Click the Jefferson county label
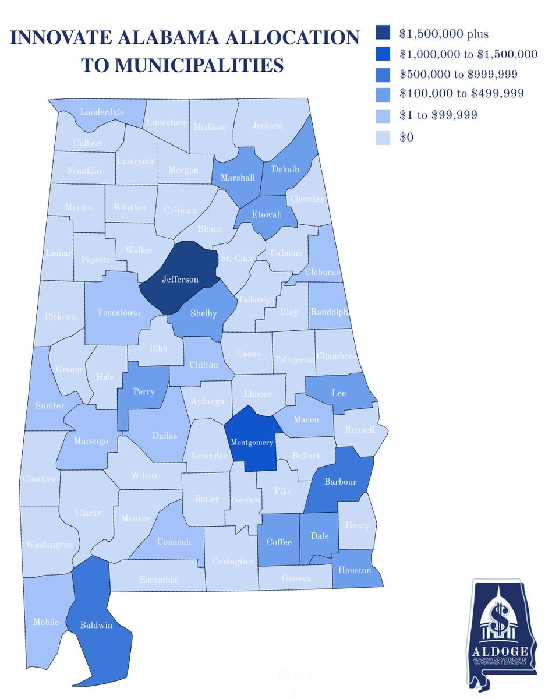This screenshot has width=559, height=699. pyautogui.click(x=180, y=280)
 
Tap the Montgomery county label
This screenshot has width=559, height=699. pyautogui.click(x=252, y=442)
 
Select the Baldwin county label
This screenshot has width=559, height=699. pyautogui.click(x=97, y=626)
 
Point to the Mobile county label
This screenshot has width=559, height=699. pyautogui.click(x=46, y=622)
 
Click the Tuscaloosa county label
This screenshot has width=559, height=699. pyautogui.click(x=118, y=313)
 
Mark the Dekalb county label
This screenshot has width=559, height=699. pyautogui.click(x=285, y=170)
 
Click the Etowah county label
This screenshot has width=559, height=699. pyautogui.click(x=267, y=215)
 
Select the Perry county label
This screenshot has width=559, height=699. pyautogui.click(x=144, y=391)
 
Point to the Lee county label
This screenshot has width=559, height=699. pyautogui.click(x=338, y=393)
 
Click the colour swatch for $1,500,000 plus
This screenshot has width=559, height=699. pyautogui.click(x=383, y=34)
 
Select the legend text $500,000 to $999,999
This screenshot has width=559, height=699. pyautogui.click(x=459, y=74)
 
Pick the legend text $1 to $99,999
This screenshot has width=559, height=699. pyautogui.click(x=438, y=115)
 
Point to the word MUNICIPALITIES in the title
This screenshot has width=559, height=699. pyautogui.click(x=182, y=65)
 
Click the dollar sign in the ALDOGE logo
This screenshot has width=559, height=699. pyautogui.click(x=498, y=618)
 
